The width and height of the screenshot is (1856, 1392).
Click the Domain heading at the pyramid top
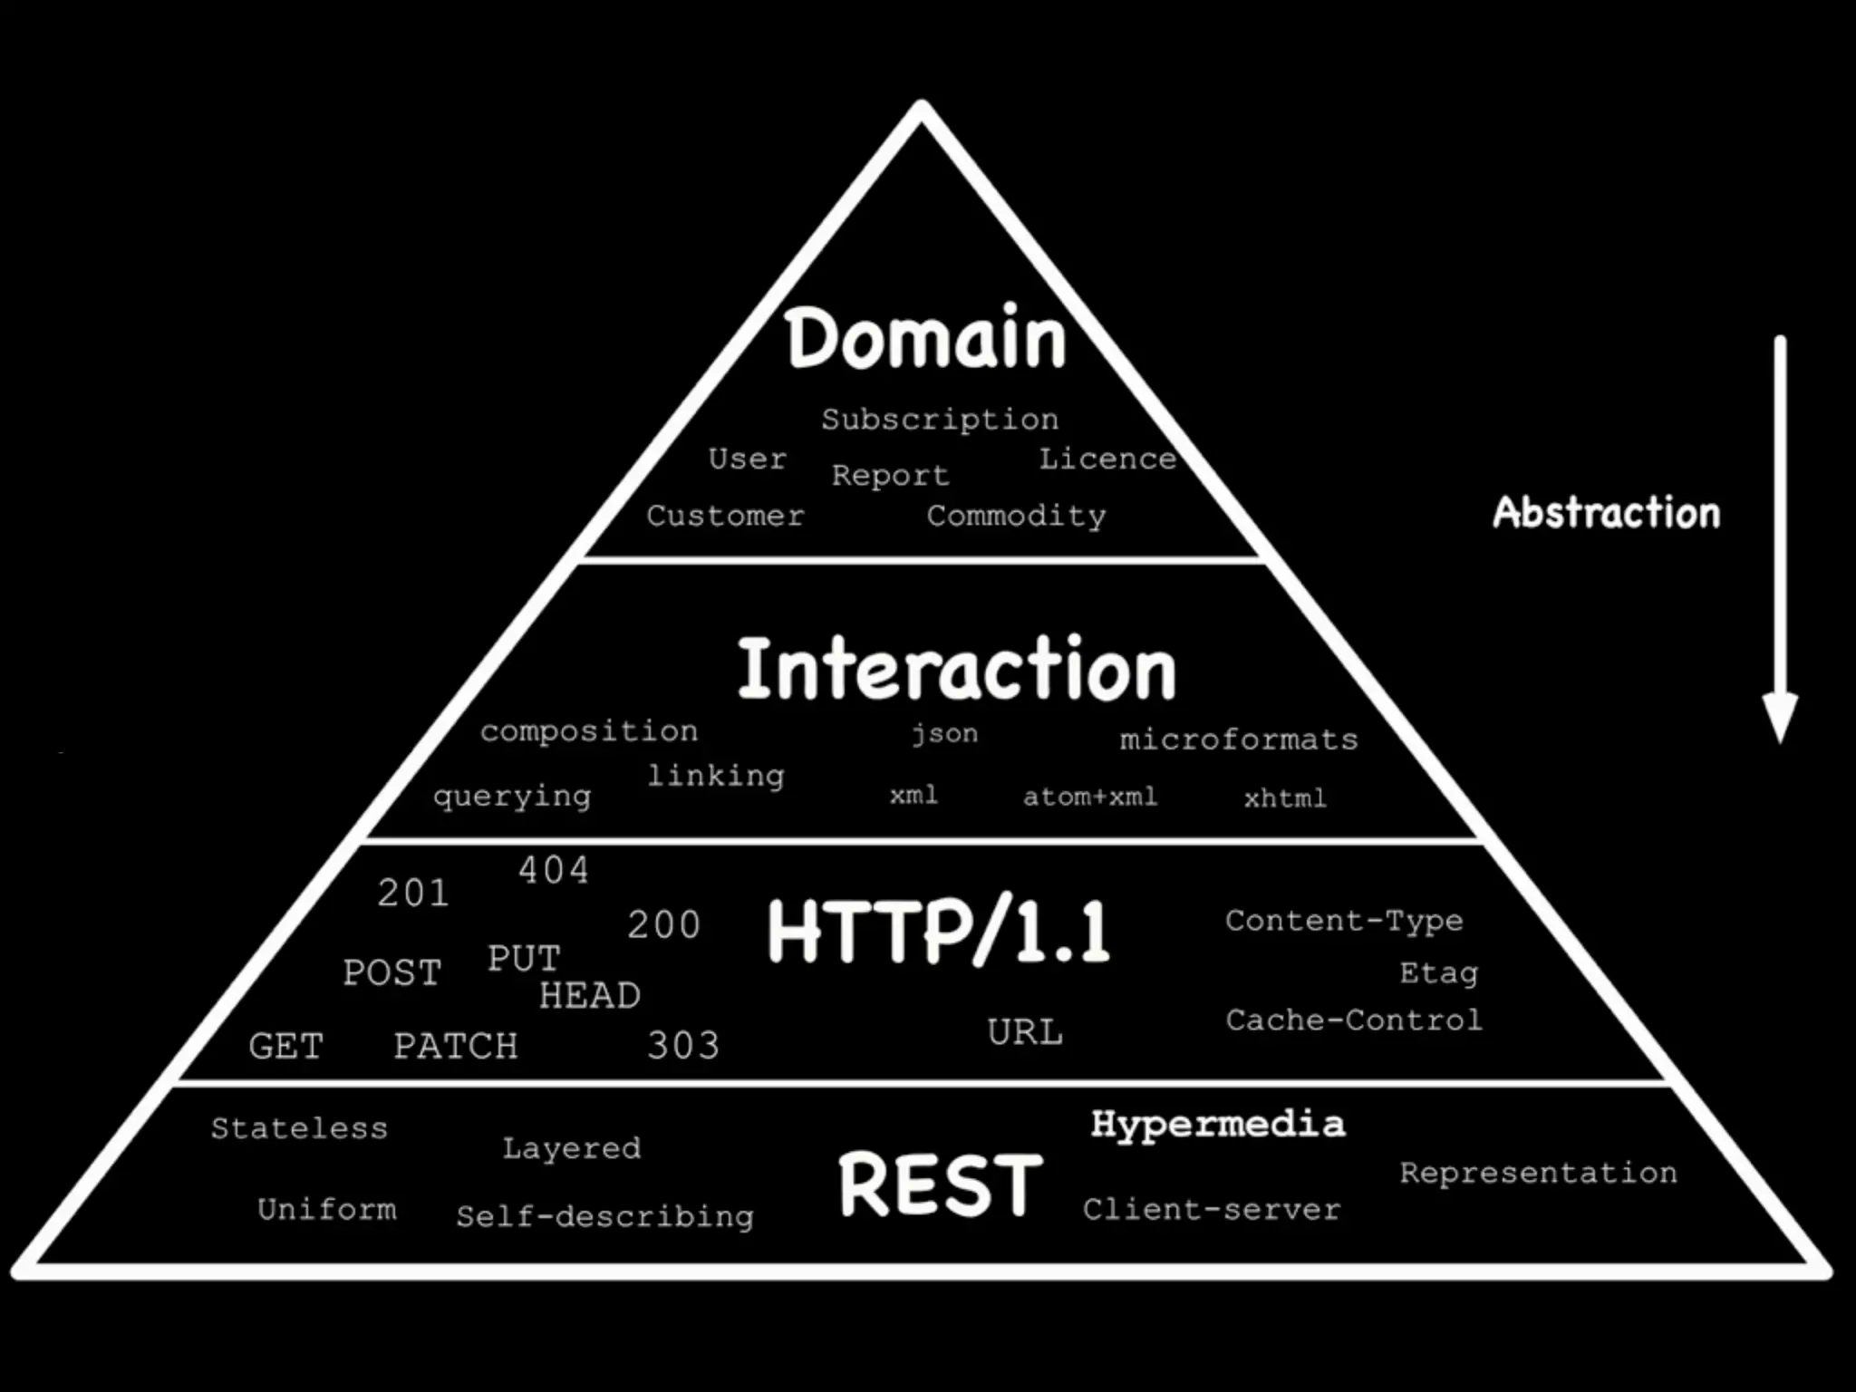pos(925,339)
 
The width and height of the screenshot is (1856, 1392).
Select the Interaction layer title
pos(956,670)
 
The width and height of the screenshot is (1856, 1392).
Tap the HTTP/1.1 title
pos(938,932)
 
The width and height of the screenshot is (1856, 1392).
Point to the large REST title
pos(941,1184)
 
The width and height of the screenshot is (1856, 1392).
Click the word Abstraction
pos(1606,513)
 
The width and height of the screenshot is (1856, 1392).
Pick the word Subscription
pos(940,420)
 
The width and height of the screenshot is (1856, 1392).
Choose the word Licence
pos(1107,459)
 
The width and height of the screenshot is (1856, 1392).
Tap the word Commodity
pos(1016,517)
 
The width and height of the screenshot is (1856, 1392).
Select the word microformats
pos(1239,739)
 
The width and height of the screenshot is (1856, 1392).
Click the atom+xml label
pos(1090,797)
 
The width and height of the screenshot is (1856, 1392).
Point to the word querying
pos(512,797)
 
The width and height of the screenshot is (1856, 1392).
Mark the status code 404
pos(553,870)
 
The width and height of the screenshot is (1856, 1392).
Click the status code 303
pos(683,1046)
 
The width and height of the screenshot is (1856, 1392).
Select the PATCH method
pos(456,1046)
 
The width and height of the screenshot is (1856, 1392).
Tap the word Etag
pos(1438,973)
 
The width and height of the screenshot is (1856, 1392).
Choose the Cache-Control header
pos(1354,1020)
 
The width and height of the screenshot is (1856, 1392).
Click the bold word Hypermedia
pos(1218,1125)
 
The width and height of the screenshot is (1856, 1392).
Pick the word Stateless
pos(299,1128)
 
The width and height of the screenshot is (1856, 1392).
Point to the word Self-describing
pos(604,1216)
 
